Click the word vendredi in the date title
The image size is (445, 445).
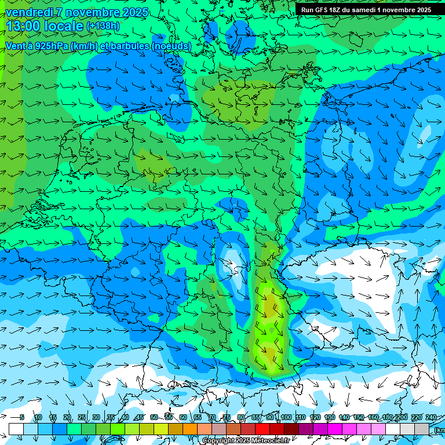click(x=29, y=12)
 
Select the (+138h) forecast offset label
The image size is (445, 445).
click(x=103, y=26)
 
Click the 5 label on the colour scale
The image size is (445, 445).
click(x=22, y=417)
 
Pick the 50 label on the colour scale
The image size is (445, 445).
click(x=154, y=417)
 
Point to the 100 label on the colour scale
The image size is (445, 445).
click(x=286, y=417)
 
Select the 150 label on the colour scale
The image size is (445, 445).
click(x=359, y=417)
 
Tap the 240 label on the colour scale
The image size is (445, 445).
click(x=431, y=417)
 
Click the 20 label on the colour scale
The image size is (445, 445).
click(x=67, y=417)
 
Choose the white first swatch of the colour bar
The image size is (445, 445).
click(x=16, y=429)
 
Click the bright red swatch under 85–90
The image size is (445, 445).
click(x=262, y=429)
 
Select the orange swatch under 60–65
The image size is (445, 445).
click(x=190, y=429)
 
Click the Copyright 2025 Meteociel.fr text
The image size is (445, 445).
click(x=246, y=441)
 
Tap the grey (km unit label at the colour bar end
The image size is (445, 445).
click(x=440, y=430)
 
